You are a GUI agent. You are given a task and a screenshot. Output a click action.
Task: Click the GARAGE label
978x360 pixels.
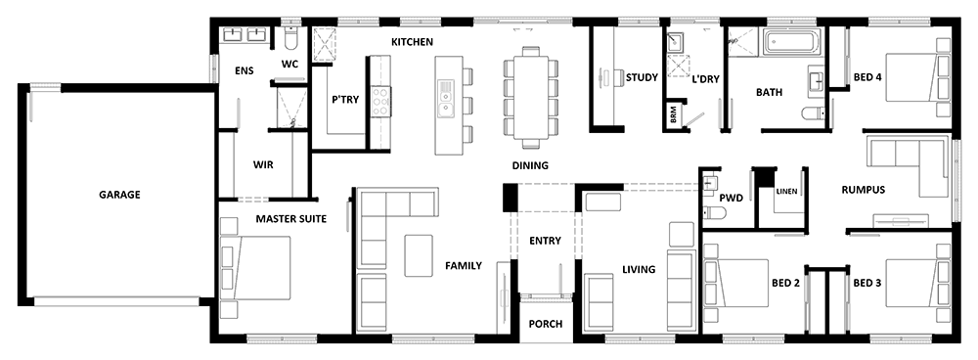[x=119, y=195]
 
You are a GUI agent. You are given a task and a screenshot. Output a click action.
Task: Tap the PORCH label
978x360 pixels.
[x=545, y=324]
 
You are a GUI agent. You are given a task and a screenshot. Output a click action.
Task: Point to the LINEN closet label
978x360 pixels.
[x=786, y=191]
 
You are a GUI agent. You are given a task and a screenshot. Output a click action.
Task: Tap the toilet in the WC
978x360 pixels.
[x=290, y=39]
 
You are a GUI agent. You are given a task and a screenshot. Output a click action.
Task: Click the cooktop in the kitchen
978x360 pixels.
[x=381, y=101]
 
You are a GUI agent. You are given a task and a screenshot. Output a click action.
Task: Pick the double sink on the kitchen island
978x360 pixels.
[x=446, y=99]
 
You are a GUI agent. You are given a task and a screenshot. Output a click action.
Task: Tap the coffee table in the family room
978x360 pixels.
[x=419, y=255]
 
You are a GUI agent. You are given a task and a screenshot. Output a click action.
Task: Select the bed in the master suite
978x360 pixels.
[x=255, y=268]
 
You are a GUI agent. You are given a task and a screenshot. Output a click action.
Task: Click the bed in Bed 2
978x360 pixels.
[x=736, y=283]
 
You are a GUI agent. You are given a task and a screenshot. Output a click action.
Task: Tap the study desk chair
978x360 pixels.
[x=617, y=77]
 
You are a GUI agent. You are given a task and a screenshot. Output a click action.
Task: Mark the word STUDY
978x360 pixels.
[x=642, y=77]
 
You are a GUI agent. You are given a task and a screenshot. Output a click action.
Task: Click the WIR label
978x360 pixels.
[x=263, y=164]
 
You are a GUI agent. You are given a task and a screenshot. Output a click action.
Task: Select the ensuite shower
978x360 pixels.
[x=291, y=108]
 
